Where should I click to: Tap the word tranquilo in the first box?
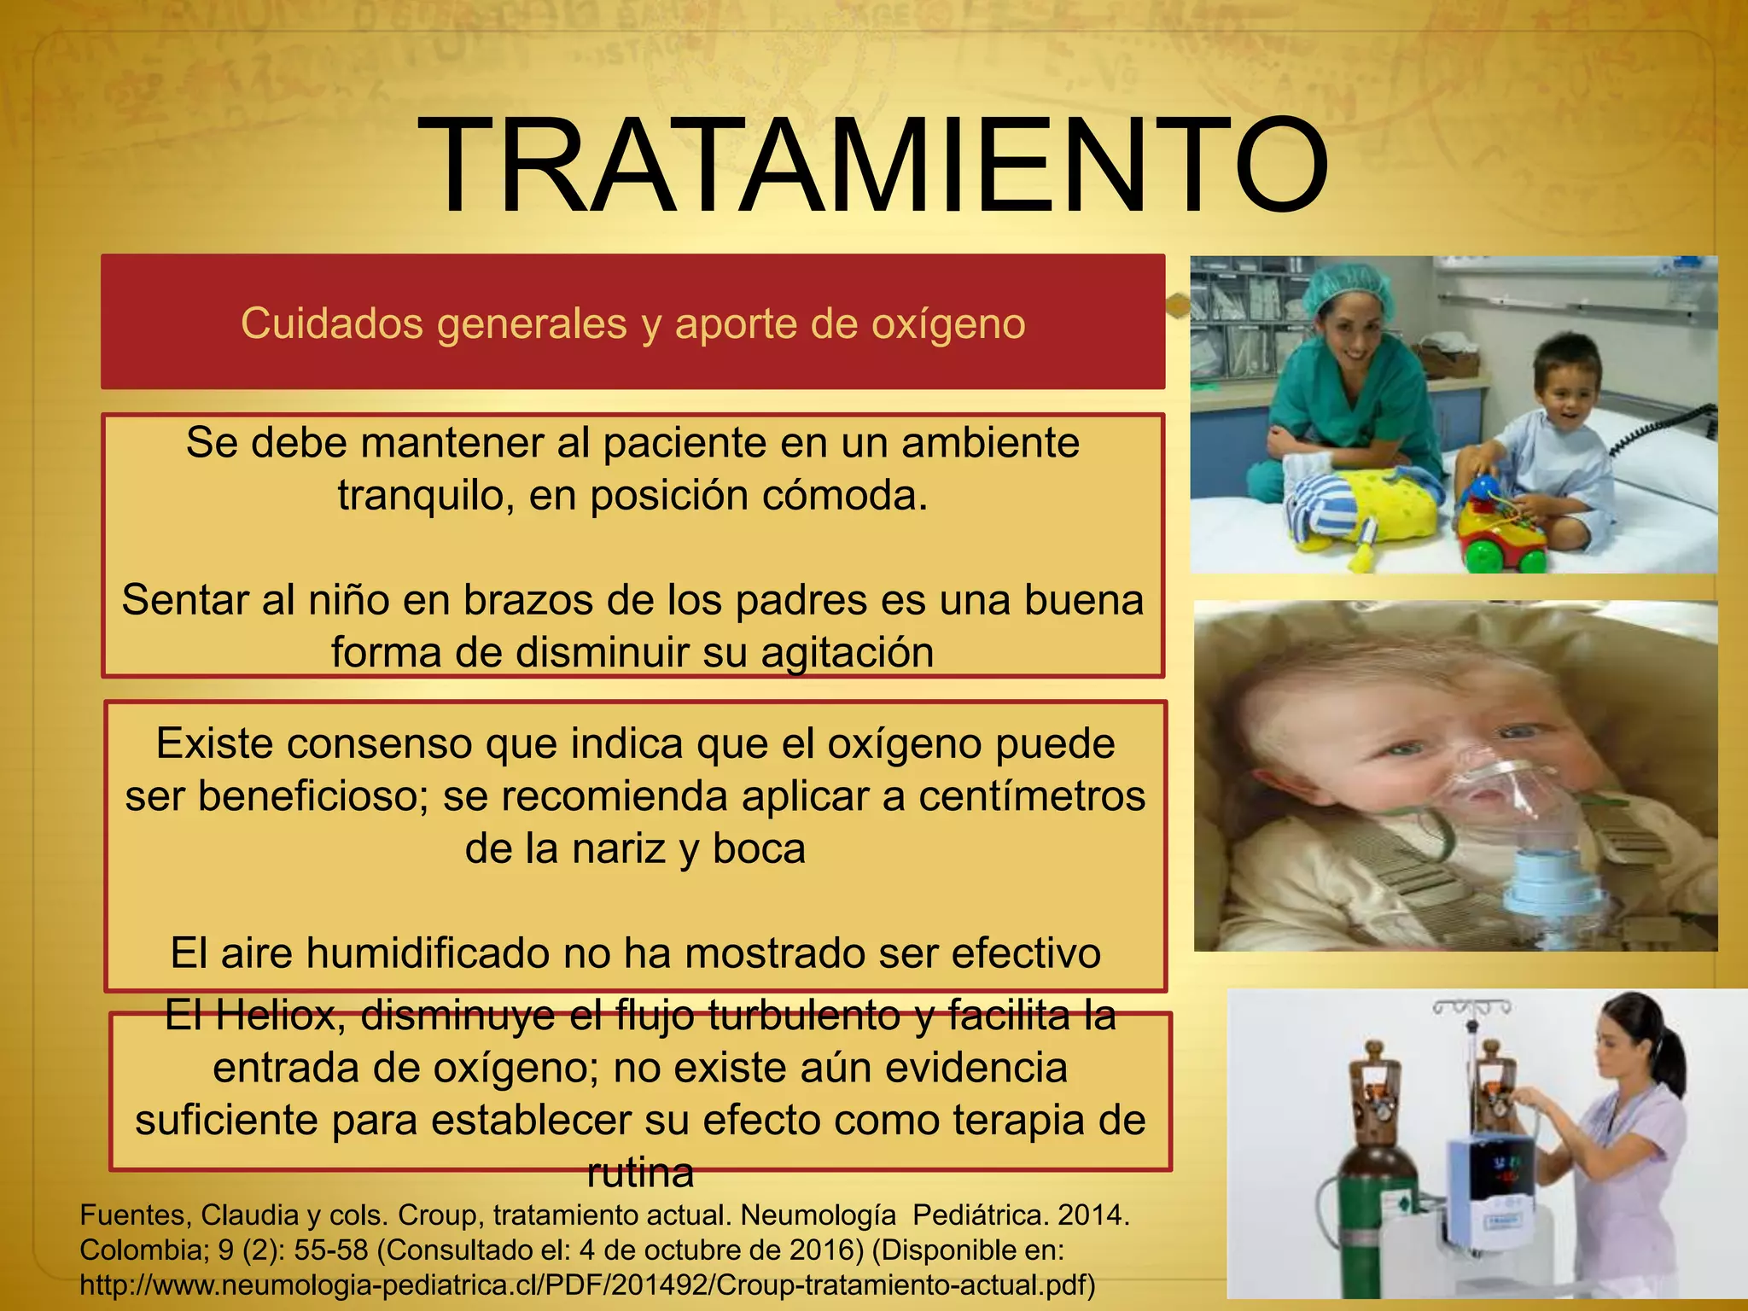click(424, 496)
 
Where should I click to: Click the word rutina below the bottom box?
click(640, 1174)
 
